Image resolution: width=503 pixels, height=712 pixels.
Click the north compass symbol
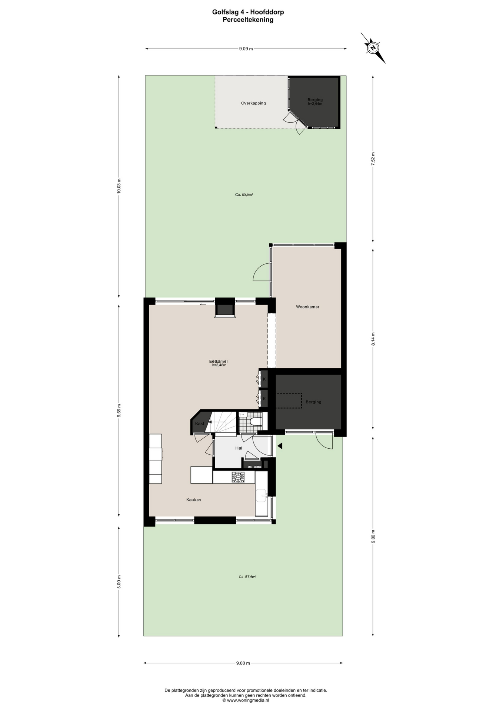pyautogui.click(x=373, y=48)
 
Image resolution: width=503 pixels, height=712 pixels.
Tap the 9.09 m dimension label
pyautogui.click(x=246, y=49)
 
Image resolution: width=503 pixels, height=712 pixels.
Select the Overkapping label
pyautogui.click(x=253, y=103)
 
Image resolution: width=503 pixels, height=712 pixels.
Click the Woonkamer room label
pyautogui.click(x=307, y=307)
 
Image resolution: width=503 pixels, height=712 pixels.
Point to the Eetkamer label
pyautogui.click(x=219, y=361)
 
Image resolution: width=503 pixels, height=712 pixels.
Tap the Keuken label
pyautogui.click(x=194, y=500)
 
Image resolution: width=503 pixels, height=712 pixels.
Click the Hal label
pyautogui.click(x=239, y=448)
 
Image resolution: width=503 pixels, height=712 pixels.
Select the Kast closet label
pyautogui.click(x=200, y=423)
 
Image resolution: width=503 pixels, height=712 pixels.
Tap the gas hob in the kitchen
pyautogui.click(x=238, y=477)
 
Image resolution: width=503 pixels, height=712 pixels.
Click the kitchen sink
pyautogui.click(x=262, y=495)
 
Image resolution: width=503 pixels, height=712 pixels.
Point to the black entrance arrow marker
pyautogui.click(x=280, y=446)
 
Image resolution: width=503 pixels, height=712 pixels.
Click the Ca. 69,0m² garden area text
pyautogui.click(x=244, y=194)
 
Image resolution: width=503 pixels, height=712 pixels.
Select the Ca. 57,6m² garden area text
pyautogui.click(x=248, y=577)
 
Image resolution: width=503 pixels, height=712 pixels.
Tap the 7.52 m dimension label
pyautogui.click(x=373, y=159)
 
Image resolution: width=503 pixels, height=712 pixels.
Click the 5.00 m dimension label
pyautogui.click(x=119, y=581)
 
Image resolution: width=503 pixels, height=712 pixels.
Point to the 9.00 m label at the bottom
pyautogui.click(x=243, y=663)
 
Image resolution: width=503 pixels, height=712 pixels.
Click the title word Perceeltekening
pyautogui.click(x=248, y=20)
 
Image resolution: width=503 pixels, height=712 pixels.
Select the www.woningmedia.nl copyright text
pyautogui.click(x=246, y=701)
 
